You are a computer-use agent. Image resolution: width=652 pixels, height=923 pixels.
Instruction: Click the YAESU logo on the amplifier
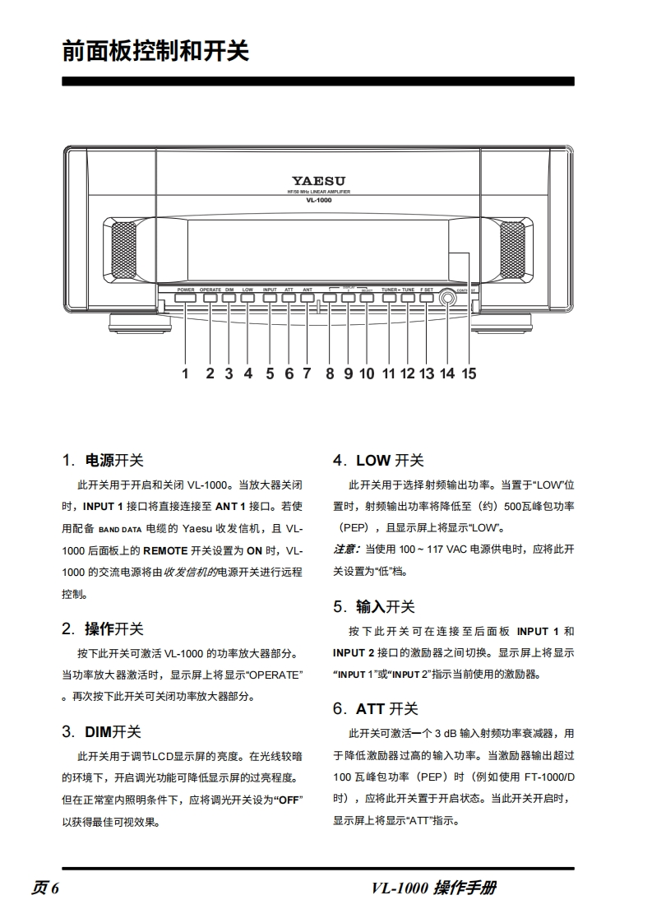[x=317, y=180]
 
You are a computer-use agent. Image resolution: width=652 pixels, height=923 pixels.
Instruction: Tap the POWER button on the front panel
[x=185, y=298]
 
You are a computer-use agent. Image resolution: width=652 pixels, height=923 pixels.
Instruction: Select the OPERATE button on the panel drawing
[x=210, y=298]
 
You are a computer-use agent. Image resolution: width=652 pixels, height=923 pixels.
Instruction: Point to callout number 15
[x=468, y=373]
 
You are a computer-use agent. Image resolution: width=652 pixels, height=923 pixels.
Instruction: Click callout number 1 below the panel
[x=185, y=373]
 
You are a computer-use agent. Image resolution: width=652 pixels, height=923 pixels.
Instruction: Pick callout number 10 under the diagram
[x=367, y=373]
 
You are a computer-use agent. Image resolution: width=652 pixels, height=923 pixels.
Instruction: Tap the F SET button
[x=426, y=298]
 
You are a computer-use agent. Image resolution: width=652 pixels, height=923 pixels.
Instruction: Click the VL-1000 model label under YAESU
[x=317, y=200]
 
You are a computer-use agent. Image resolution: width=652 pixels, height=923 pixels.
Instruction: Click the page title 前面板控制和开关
[x=155, y=51]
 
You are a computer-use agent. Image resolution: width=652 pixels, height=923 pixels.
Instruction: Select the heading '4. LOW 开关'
[x=378, y=461]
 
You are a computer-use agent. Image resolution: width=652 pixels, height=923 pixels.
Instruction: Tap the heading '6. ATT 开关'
[x=376, y=708]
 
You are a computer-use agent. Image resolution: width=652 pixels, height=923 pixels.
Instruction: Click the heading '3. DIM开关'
[x=102, y=731]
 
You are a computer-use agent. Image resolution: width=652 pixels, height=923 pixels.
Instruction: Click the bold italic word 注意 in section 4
[x=345, y=549]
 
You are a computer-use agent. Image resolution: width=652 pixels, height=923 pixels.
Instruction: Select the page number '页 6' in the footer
[x=46, y=888]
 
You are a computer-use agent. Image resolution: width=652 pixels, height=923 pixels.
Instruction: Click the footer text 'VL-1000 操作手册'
[x=433, y=888]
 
